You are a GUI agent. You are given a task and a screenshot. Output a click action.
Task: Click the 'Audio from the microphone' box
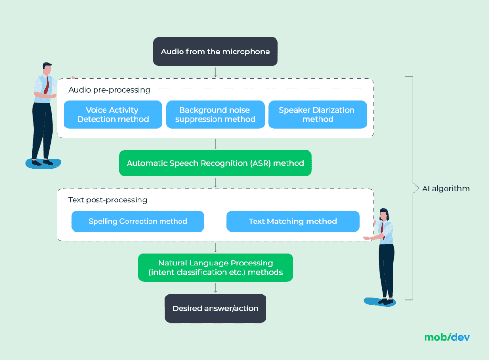215,52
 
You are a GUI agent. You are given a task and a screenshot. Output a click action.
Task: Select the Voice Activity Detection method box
113,115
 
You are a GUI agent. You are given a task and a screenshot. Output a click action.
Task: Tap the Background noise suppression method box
215,115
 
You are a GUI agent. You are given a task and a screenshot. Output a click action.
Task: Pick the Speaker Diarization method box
318,115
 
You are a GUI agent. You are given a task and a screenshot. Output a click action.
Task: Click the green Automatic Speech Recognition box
215,163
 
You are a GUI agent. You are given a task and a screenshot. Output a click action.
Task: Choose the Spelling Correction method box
138,222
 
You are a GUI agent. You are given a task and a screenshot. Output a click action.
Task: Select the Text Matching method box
293,222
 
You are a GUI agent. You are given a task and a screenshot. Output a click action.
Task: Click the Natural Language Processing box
215,267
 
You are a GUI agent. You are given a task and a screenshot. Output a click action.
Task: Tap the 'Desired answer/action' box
215,308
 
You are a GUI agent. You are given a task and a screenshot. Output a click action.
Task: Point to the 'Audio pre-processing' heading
109,90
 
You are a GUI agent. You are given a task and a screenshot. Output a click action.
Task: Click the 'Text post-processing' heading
108,200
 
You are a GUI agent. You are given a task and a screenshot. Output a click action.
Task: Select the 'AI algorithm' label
446,189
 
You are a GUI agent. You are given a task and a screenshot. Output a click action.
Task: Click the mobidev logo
447,337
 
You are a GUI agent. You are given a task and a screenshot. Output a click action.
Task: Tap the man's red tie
46,85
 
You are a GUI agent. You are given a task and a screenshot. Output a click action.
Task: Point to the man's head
46,68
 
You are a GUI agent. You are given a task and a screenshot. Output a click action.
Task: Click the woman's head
385,214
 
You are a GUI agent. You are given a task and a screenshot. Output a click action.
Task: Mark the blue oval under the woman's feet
380,302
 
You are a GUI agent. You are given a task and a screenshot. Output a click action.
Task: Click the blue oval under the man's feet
43,163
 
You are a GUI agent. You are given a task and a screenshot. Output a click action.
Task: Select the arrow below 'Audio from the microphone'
215,72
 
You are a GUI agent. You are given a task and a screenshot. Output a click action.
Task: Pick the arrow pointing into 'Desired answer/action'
215,287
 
